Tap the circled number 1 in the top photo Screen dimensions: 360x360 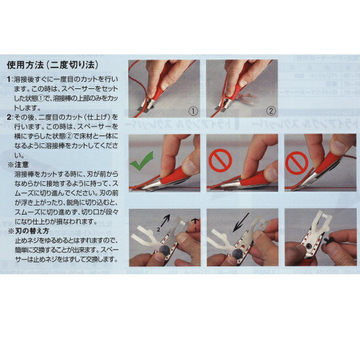tap(191, 111)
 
